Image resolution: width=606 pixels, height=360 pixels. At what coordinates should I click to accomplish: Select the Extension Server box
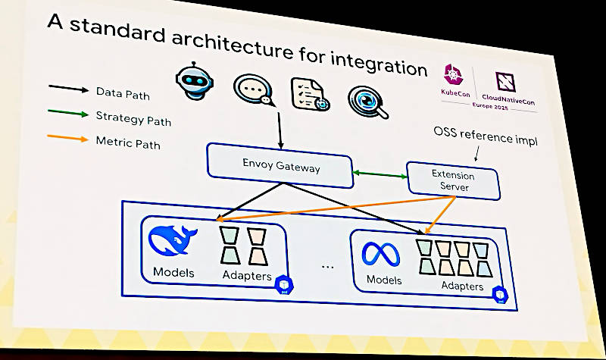(452, 181)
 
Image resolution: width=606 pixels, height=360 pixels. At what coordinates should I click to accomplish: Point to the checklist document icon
(308, 95)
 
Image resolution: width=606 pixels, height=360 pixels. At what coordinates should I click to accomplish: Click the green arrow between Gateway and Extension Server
(380, 175)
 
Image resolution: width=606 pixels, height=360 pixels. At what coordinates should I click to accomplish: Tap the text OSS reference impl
(485, 136)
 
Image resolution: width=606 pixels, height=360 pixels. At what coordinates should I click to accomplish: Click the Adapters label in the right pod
(462, 286)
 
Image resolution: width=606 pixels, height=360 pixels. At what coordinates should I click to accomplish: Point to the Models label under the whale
(173, 272)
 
